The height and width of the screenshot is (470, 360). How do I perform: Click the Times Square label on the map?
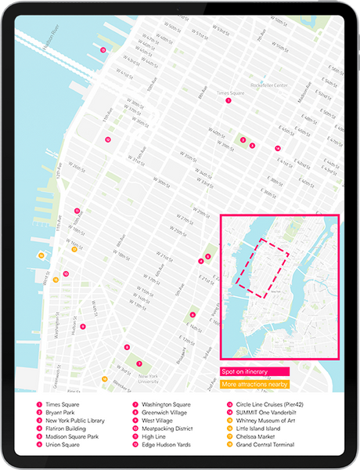coord(229,92)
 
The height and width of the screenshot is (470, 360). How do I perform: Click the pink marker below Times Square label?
coord(229,101)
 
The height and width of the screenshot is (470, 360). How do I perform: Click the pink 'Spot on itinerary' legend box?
coord(254,371)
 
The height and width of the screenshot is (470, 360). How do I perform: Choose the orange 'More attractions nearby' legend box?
coord(254,385)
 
